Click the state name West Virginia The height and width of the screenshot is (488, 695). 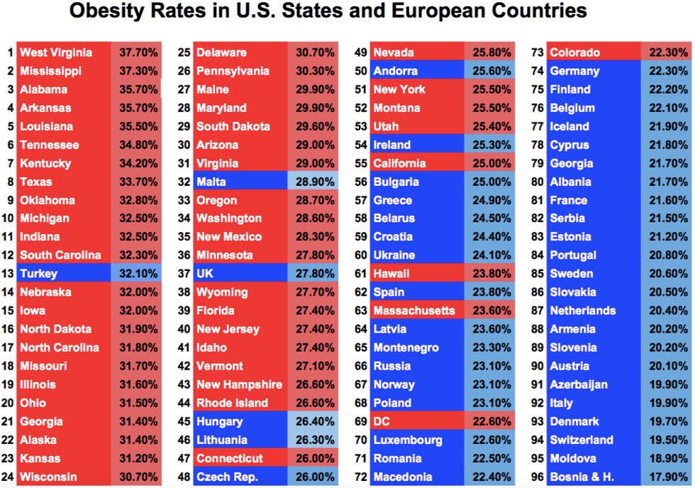56,52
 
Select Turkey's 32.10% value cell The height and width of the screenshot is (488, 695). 136,274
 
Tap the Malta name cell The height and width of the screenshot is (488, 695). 211,182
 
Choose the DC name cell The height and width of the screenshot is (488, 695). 382,421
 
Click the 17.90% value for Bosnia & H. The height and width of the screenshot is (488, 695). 667,477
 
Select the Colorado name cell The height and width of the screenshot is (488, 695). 575,52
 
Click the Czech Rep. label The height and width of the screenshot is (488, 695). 227,477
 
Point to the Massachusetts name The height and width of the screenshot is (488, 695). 414,311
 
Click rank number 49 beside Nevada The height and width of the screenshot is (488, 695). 360,52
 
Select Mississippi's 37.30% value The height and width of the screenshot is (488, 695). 136,71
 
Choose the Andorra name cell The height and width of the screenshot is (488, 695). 396,71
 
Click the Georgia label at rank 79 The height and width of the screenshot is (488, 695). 572,163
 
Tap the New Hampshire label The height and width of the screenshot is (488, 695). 239,384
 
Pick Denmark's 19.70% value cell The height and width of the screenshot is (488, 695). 667,421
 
